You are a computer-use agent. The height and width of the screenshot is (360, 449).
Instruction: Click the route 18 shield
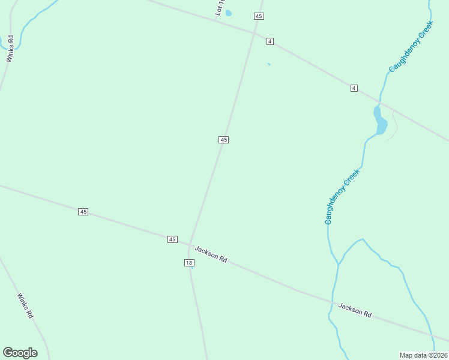pos(189,263)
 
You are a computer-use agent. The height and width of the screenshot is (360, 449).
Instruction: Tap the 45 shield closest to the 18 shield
pos(172,239)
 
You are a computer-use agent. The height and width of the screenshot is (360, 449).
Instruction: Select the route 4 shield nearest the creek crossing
pos(354,88)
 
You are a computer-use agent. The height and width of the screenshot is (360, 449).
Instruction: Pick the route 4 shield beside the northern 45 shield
pos(270,41)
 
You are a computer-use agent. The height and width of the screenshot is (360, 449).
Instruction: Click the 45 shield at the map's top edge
pos(259,16)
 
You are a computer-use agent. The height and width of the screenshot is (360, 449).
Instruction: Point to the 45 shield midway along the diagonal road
pos(223,140)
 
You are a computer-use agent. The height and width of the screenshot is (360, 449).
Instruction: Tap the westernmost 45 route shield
pos(83,212)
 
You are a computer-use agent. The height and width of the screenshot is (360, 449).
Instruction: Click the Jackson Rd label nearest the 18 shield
pos(211,254)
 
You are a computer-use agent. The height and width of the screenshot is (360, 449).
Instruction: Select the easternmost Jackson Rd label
pos(355,310)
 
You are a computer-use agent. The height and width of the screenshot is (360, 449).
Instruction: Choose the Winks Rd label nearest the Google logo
pos(25,306)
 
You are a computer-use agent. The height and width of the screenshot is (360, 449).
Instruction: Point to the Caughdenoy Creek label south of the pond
pos(342,197)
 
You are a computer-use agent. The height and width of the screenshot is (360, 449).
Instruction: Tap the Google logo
pos(20,353)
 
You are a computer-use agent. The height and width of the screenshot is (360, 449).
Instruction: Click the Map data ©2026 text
pos(424,355)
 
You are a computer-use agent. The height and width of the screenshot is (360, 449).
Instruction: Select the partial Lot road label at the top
pos(219,8)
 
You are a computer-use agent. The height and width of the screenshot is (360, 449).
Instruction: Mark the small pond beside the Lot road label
pos(229,13)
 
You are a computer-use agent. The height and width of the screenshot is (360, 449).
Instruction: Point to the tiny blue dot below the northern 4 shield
pos(268,64)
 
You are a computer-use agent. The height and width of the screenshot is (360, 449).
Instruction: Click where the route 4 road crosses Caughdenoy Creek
pos(379,101)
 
